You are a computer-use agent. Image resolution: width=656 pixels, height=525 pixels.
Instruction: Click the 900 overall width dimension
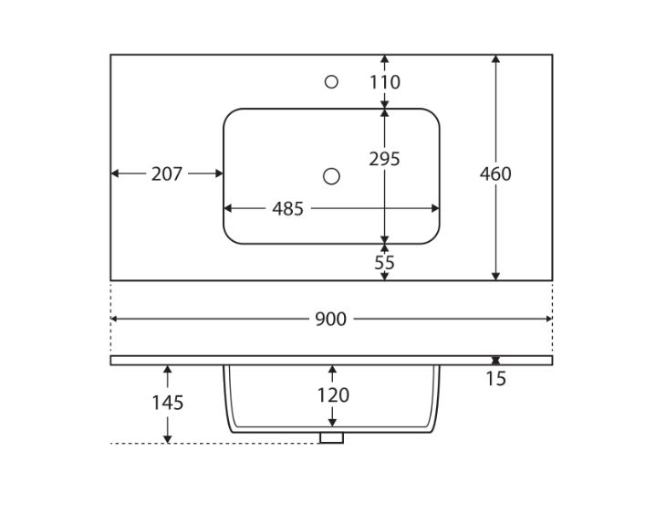pos(330,320)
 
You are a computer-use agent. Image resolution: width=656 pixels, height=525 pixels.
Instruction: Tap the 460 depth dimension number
pos(495,173)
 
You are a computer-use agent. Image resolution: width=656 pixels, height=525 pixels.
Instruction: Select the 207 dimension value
pos(167,173)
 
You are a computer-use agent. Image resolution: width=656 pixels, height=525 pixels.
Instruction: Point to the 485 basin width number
pos(287,209)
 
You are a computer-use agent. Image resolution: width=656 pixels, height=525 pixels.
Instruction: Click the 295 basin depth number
pos(384,159)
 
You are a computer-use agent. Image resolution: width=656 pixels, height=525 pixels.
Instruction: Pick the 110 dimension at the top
pos(384,83)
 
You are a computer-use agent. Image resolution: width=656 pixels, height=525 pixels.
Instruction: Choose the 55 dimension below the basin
pos(384,262)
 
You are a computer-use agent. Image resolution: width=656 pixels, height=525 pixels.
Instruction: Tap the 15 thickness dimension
pos(495,378)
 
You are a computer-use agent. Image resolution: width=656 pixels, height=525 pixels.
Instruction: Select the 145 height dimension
pos(168,403)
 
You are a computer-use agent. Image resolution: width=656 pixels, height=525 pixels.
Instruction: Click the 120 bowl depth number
pos(332,395)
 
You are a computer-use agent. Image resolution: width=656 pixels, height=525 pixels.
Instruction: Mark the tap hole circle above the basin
pos(331,82)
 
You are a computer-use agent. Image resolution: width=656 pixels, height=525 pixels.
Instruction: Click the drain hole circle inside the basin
pos(332,175)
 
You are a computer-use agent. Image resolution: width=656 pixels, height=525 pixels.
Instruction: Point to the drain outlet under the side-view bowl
pos(332,437)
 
